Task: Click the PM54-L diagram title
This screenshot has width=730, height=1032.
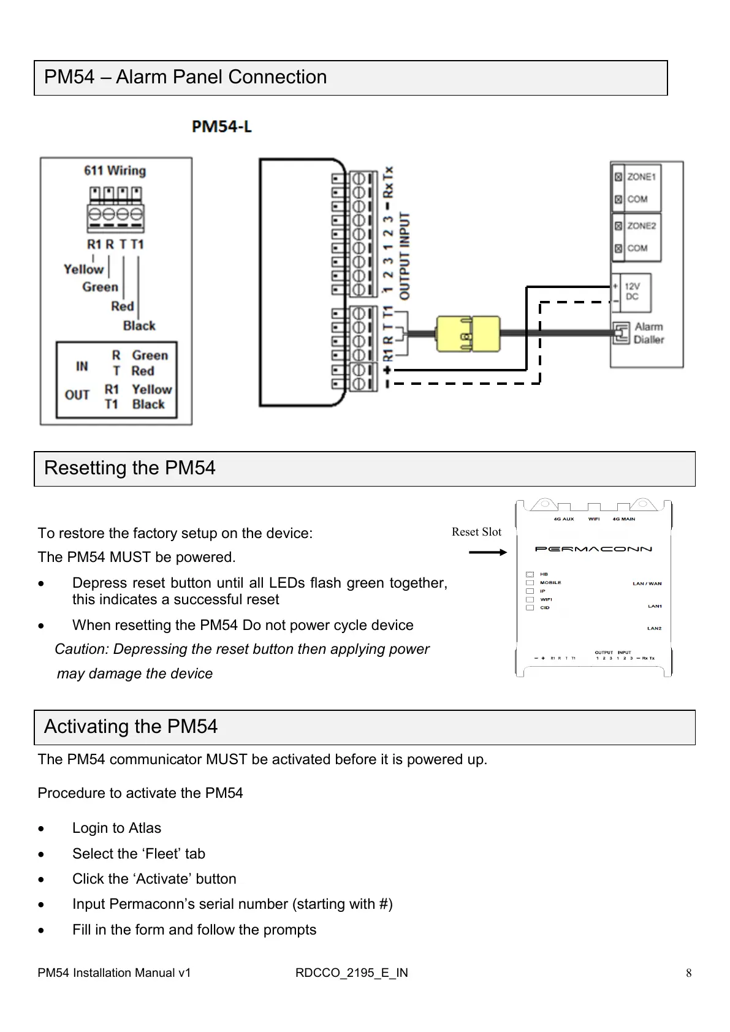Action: pyautogui.click(x=222, y=127)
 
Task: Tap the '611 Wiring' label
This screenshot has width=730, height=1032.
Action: pyautogui.click(x=115, y=170)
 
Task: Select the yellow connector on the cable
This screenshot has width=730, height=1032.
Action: pyautogui.click(x=468, y=334)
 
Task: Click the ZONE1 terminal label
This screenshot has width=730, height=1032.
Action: pyautogui.click(x=641, y=176)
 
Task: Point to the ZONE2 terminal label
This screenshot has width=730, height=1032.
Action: pyautogui.click(x=641, y=226)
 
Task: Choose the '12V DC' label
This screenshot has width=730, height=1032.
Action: pyautogui.click(x=632, y=292)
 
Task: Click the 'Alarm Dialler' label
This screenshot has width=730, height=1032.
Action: pyautogui.click(x=648, y=333)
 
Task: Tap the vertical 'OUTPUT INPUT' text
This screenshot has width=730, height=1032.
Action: pyautogui.click(x=405, y=256)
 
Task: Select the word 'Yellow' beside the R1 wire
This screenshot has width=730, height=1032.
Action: pyautogui.click(x=83, y=269)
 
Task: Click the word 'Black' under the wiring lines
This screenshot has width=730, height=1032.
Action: pyautogui.click(x=139, y=325)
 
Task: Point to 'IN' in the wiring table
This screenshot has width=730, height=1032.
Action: pyautogui.click(x=82, y=366)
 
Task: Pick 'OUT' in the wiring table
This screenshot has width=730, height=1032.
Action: pyautogui.click(x=77, y=395)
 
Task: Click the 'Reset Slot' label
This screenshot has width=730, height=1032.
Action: pyautogui.click(x=476, y=532)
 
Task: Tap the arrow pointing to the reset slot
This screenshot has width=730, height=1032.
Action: pyautogui.click(x=488, y=552)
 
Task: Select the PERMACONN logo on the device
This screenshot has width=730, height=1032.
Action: pyautogui.click(x=593, y=549)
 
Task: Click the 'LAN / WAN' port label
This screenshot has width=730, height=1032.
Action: pyautogui.click(x=647, y=583)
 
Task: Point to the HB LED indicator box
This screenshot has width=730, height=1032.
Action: pyautogui.click(x=530, y=574)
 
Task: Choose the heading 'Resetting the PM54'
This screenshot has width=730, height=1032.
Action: pyautogui.click(x=130, y=468)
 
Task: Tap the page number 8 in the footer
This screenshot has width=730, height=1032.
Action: pyautogui.click(x=689, y=973)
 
